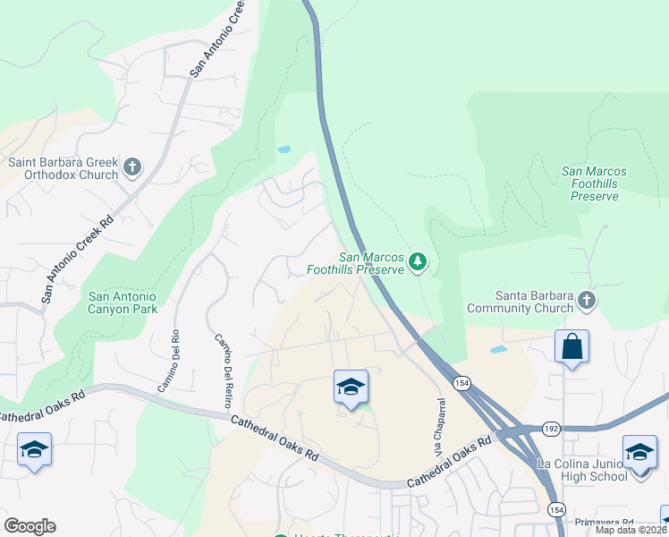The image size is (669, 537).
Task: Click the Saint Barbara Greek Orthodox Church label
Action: coord(63,168)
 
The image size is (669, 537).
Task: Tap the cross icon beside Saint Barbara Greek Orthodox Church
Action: coord(132,166)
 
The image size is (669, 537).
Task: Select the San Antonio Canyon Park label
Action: coord(123,303)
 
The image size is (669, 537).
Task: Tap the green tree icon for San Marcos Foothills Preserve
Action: coord(418,261)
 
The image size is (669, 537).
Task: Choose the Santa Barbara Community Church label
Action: coord(535,303)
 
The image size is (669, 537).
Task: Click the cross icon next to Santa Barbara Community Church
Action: coord(587,301)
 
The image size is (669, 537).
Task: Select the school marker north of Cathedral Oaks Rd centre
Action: coord(351,387)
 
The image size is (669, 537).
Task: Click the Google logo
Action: coord(30,526)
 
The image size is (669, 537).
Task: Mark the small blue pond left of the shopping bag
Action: coord(498,348)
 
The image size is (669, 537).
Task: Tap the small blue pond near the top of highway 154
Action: coord(284,149)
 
